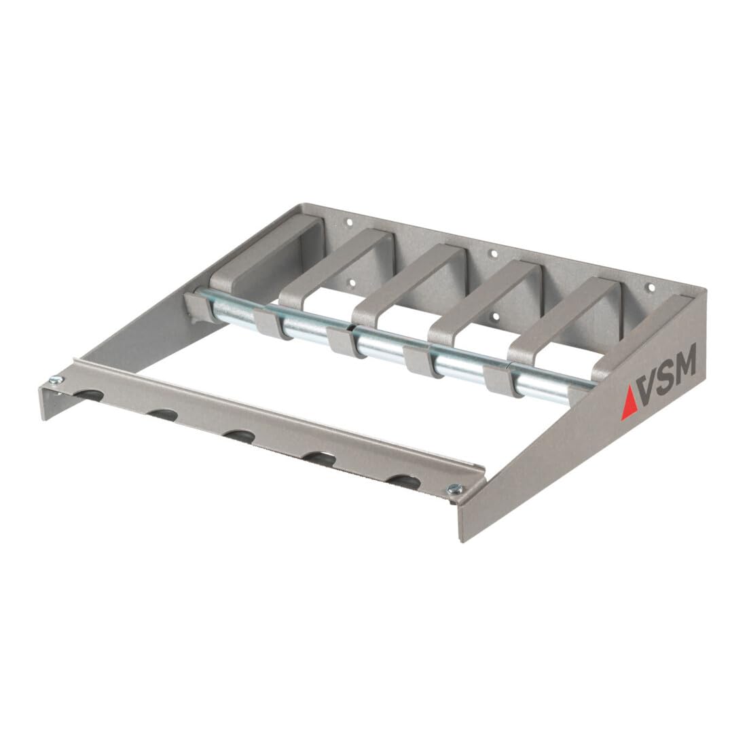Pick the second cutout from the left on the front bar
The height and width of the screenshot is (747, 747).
coord(162,414)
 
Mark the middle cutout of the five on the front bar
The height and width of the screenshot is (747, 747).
coord(239,435)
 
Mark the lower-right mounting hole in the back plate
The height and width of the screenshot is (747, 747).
coord(495,316)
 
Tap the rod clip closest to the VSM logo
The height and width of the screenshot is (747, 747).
coord(497,382)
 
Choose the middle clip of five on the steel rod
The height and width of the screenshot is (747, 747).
coord(340,339)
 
